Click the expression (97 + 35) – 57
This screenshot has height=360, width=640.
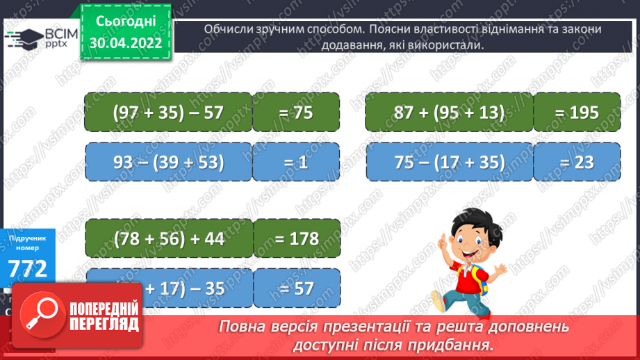click(167, 113)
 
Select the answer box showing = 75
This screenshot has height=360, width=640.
click(296, 113)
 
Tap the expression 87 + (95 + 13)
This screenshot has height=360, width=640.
click(448, 113)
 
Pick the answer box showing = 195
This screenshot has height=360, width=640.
click(577, 113)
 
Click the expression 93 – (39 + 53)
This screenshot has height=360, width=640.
click(167, 163)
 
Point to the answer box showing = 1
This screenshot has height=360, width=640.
click(296, 163)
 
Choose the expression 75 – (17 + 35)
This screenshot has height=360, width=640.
click(448, 163)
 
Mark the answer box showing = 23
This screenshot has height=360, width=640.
click(577, 163)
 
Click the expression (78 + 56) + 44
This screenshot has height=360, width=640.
click(167, 239)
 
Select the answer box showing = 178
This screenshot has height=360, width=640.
click(297, 239)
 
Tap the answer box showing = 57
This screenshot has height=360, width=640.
click(297, 288)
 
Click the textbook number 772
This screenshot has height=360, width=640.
click(28, 268)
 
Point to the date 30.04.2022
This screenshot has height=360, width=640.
click(126, 42)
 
